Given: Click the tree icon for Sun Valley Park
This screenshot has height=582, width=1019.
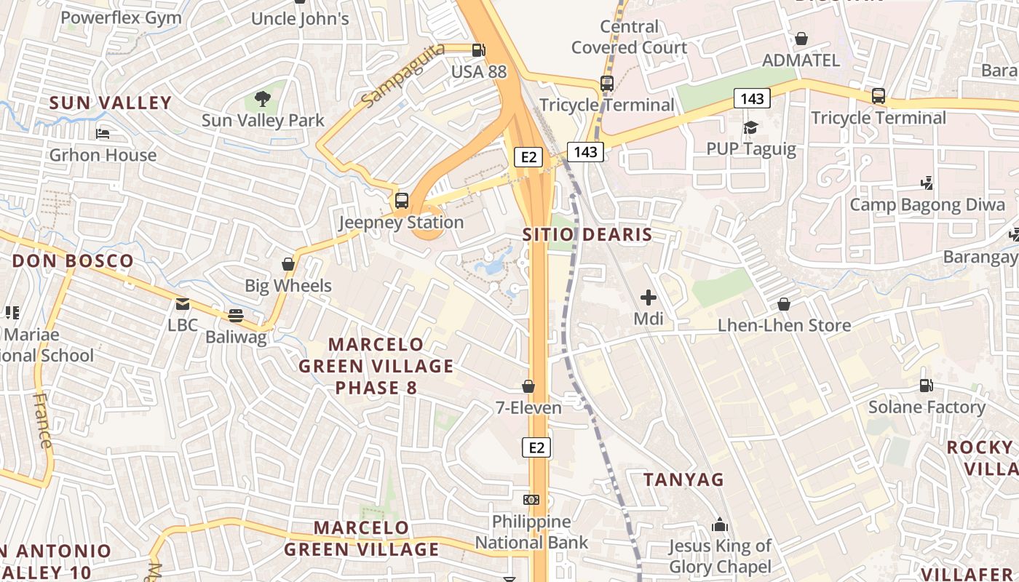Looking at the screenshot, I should point(263,98).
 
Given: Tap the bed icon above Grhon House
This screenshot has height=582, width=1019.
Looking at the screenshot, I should point(103,134).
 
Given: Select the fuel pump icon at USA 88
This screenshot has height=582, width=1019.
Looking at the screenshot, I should point(478,50).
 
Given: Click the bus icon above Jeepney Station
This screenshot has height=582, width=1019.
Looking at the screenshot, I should point(401,201).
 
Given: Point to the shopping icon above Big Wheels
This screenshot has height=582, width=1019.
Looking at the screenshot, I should point(288,264).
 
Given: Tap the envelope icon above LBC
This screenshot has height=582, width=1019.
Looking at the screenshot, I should point(182,303).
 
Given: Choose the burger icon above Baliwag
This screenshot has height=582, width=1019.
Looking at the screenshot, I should point(235,315).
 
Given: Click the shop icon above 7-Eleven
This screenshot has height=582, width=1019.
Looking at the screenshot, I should point(528,386).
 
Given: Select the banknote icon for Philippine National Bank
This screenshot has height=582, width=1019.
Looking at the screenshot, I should point(531,500).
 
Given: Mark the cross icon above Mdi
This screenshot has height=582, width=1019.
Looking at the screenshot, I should point(648,297).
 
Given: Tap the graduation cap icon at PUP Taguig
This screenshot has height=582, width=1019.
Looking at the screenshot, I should point(750,128).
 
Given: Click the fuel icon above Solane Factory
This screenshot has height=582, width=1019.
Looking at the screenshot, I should point(926,385).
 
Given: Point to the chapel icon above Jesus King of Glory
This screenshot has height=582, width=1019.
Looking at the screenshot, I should point(720,524).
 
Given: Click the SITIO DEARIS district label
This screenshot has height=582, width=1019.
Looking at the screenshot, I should point(587,235).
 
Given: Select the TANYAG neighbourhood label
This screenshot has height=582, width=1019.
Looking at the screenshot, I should point(684,479).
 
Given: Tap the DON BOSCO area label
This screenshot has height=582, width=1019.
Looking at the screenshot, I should point(73,261).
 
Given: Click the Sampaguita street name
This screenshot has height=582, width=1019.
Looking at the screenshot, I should point(392,86).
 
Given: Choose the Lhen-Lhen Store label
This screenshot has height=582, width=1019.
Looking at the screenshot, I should point(784,325).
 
